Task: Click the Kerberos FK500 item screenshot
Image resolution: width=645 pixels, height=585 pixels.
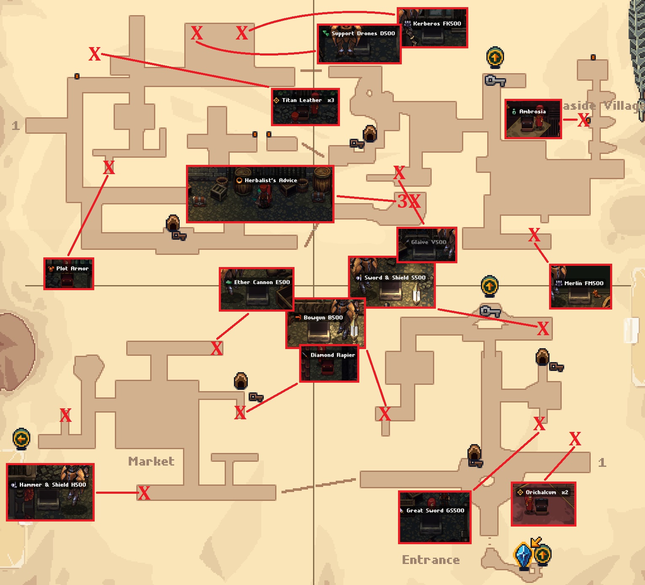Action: click(433, 27)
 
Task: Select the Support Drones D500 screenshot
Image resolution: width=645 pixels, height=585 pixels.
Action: click(359, 44)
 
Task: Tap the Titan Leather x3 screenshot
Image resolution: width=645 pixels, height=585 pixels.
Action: click(305, 107)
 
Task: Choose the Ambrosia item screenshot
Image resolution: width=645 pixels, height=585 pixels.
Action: click(533, 119)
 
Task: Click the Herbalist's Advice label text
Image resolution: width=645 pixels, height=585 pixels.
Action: click(271, 180)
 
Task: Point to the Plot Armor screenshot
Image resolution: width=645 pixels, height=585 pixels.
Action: click(69, 274)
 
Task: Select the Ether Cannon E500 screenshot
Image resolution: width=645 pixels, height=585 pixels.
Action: click(256, 289)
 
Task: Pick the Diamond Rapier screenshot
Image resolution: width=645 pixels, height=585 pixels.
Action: click(329, 364)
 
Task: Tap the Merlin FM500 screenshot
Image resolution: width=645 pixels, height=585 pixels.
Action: click(580, 286)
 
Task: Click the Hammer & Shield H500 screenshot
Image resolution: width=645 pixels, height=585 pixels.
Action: click(50, 492)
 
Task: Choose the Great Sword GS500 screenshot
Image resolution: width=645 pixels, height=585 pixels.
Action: click(435, 517)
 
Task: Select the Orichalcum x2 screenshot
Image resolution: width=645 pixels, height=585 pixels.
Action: click(543, 504)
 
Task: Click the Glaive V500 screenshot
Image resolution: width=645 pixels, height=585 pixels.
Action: click(427, 245)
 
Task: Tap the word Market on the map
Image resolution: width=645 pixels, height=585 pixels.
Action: click(151, 461)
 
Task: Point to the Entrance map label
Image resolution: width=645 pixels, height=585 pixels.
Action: click(430, 560)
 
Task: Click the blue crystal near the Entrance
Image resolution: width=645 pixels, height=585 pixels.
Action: click(523, 555)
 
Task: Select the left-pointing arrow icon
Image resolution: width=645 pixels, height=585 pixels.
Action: click(21, 439)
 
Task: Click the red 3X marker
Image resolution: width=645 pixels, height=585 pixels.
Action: click(409, 201)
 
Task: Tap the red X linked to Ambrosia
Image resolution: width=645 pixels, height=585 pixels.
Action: click(583, 120)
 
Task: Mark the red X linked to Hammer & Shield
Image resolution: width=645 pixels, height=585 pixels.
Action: click(144, 493)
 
